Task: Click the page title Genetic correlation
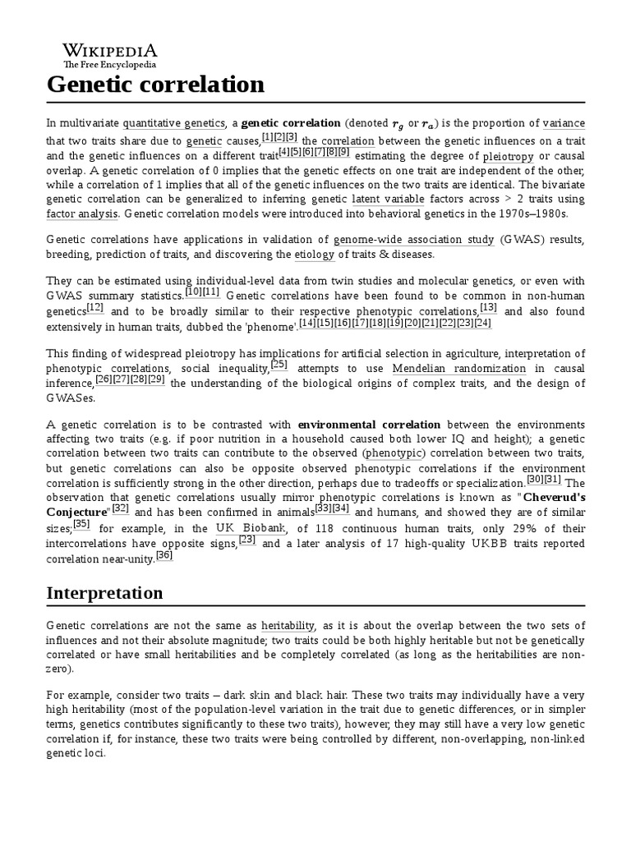coord(155,85)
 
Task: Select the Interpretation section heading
coord(104,593)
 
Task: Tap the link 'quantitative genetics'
coord(173,123)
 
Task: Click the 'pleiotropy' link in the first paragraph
coord(508,156)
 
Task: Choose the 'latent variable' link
coord(389,199)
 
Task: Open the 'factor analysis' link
coord(82,214)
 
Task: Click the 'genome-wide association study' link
coord(414,240)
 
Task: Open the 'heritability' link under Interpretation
coord(288,625)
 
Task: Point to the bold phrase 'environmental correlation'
coord(369,425)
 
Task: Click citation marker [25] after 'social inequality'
coord(279,365)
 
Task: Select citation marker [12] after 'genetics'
coord(95,308)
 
